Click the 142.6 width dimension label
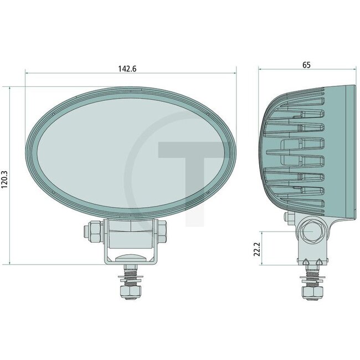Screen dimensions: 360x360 [127, 69]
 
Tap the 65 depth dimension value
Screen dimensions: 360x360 [306, 65]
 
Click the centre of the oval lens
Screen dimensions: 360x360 [131, 153]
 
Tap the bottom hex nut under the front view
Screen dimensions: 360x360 [131, 292]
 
